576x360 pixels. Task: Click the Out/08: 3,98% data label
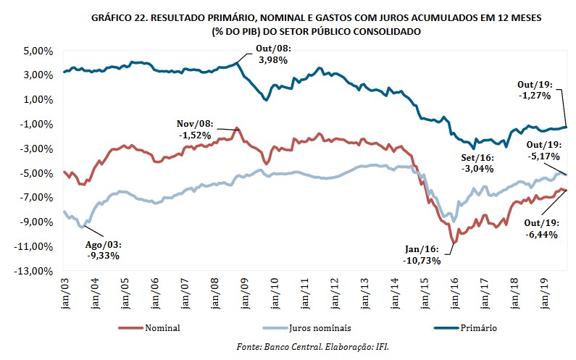tap(272, 54)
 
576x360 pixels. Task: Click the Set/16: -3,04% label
tap(477, 163)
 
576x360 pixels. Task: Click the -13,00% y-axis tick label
tap(33, 271)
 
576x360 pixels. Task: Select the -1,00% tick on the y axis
tap(34, 125)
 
